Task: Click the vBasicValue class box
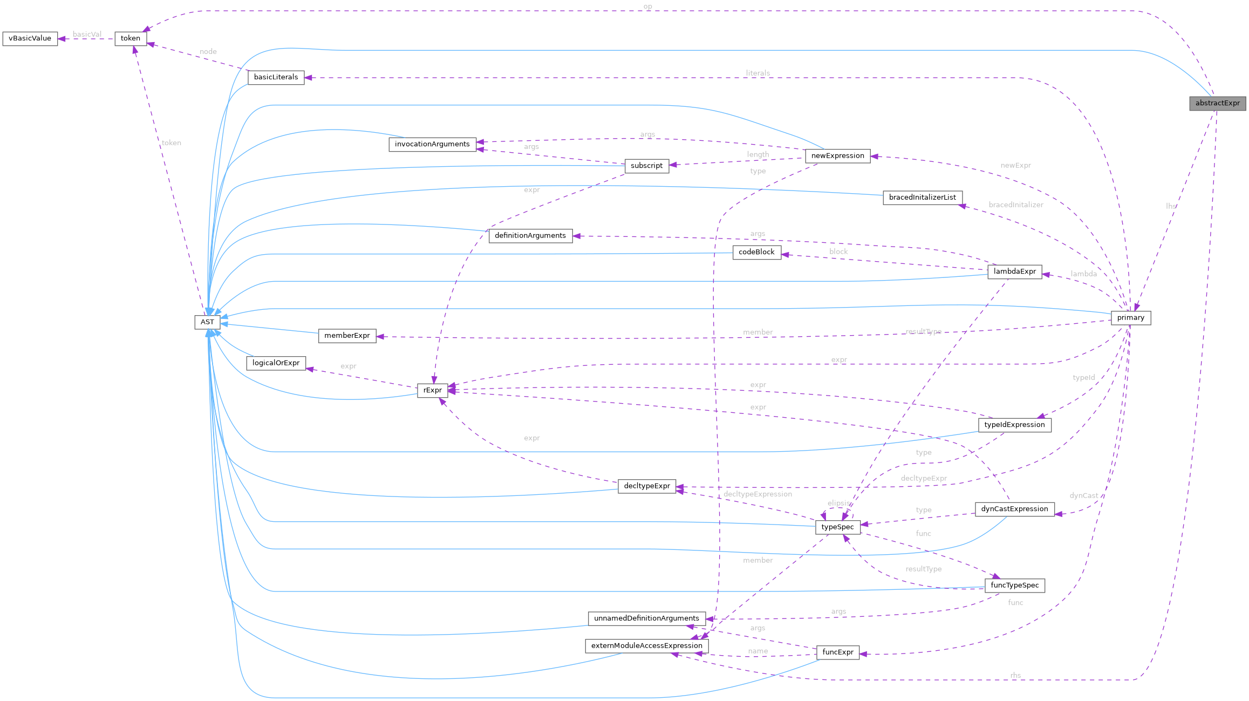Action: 30,39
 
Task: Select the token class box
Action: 130,39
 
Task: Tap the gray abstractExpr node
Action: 1217,104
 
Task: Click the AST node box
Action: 207,322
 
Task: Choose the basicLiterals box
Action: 276,78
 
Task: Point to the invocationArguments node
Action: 432,145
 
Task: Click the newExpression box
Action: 837,156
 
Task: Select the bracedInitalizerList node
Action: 922,198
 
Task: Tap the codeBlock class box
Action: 756,253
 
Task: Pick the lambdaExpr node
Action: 1014,272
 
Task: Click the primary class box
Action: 1130,318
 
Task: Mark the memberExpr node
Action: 347,336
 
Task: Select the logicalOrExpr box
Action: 276,363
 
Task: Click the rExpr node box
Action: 432,390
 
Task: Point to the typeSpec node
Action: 837,527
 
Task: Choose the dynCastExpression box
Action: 1014,509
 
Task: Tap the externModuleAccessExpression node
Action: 646,646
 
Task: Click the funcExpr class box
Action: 837,652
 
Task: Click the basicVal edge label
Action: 87,35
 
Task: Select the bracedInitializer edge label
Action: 1015,205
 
